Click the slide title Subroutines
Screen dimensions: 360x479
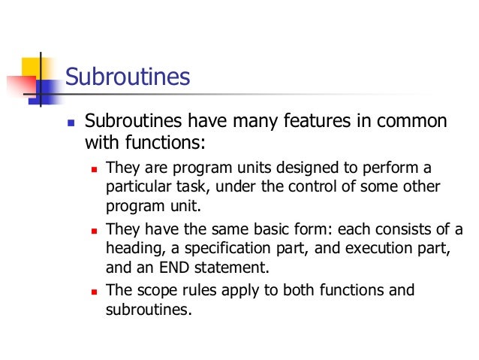[x=128, y=77]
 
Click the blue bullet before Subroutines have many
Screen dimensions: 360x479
[x=70, y=123]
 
